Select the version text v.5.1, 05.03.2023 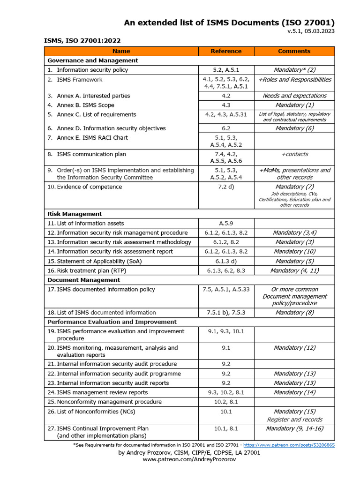[311, 31]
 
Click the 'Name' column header [121, 51]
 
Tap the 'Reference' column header [226, 51]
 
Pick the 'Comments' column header [294, 51]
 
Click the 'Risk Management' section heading [75, 214]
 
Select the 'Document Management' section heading [83, 280]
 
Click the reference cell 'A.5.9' [226, 224]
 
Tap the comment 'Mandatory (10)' [294, 252]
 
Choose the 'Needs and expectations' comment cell [294, 96]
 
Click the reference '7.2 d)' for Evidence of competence [226, 187]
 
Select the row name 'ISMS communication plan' [91, 154]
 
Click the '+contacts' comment [294, 154]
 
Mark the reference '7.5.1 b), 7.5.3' [226, 313]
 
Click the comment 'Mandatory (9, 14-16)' [294, 428]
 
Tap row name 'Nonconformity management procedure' [109, 402]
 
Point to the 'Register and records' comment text [294, 420]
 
